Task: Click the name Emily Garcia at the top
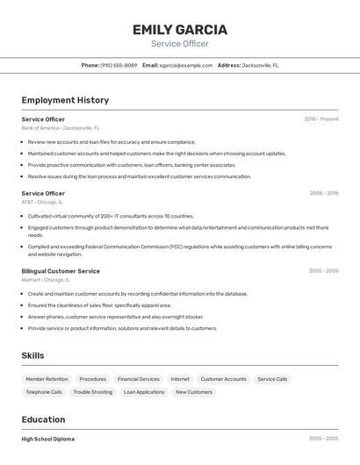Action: point(180,30)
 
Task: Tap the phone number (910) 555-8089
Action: point(119,65)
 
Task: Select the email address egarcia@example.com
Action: point(186,65)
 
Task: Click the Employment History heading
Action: point(65,100)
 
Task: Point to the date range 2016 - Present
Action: point(321,118)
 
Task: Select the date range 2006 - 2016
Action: point(323,193)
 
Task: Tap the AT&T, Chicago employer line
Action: point(42,202)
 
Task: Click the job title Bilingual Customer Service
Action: point(61,271)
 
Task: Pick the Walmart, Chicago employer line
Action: point(46,280)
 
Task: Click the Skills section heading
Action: point(33,355)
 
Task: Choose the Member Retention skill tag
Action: point(47,379)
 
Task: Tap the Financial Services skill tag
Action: point(139,379)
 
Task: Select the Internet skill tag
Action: point(180,379)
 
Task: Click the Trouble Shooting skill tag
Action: point(93,392)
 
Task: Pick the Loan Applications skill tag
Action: point(144,392)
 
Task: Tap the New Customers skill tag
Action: point(194,392)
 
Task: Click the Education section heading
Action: point(43,419)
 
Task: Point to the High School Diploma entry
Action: point(48,439)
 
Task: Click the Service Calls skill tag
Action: point(272,379)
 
